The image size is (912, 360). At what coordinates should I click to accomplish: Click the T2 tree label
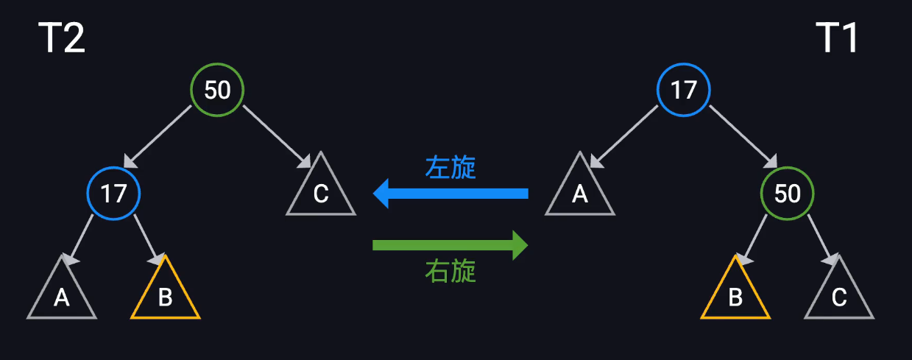(x=62, y=38)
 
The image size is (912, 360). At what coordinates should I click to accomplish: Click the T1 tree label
(x=837, y=38)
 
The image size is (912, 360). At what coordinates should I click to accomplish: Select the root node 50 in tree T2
(x=217, y=90)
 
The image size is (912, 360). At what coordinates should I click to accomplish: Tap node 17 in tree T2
(x=113, y=194)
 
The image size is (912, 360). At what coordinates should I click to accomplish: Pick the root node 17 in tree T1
(x=684, y=90)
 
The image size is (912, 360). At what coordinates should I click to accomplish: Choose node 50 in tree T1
(x=788, y=194)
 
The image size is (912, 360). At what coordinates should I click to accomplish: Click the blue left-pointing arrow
(x=450, y=194)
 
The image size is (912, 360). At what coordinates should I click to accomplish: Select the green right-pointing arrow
(x=450, y=244)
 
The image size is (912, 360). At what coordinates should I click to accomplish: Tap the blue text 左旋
(x=450, y=168)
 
